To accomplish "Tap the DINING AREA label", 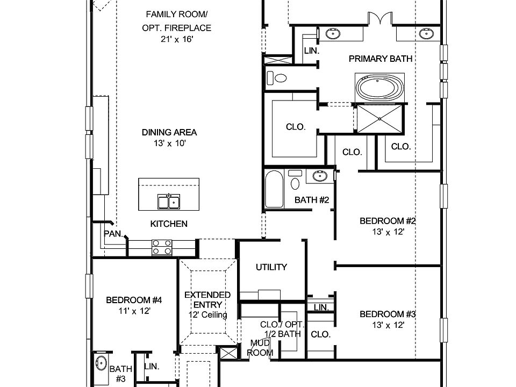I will tap(169, 132).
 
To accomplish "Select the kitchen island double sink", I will tap(168, 202).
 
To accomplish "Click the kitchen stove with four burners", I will tap(163, 247).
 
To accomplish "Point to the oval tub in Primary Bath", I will tap(379, 88).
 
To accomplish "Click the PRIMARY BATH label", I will tap(381, 59).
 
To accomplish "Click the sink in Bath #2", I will tap(319, 176).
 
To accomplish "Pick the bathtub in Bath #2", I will tap(274, 189).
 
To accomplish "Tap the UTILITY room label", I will tap(271, 267).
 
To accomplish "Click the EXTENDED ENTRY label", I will tap(207, 300).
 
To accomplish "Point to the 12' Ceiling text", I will tap(207, 315).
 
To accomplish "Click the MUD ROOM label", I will tap(261, 348).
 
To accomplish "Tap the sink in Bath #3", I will tap(101, 363).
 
